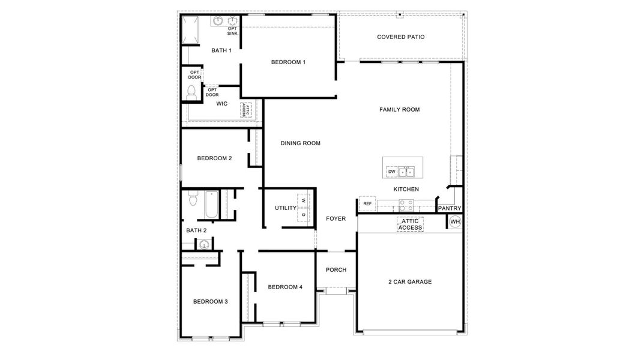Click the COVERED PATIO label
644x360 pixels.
pos(400,37)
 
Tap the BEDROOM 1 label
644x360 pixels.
pos(288,62)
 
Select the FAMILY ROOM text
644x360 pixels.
pos(399,110)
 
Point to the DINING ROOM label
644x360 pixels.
pos(300,143)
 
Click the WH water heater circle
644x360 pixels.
pos(454,222)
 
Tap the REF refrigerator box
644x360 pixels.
pos(367,204)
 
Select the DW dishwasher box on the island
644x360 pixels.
pos(391,172)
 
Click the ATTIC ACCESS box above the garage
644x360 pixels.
pos(410,224)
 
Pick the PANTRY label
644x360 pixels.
pos(450,209)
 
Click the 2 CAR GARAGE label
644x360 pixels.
pos(410,282)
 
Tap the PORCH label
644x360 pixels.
pos(336,270)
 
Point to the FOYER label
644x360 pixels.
pos(336,219)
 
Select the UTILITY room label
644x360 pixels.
pos(286,208)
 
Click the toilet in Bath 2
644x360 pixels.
pos(192,199)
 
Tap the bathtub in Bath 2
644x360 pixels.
pos(212,205)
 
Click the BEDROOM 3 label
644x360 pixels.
pos(210,302)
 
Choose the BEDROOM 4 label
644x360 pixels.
pos(285,287)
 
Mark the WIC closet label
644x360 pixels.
pos(222,104)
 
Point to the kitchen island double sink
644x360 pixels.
pos(406,172)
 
